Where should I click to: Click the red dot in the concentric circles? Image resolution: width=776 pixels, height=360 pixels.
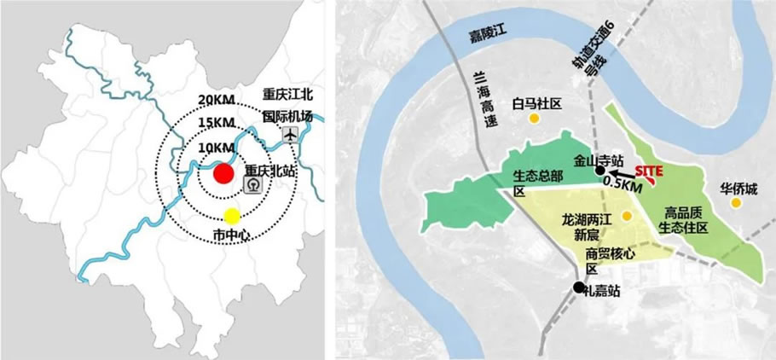click(x=223, y=174)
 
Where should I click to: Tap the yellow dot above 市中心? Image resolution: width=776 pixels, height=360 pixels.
click(x=232, y=216)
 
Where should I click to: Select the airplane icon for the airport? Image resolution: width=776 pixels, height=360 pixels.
click(x=290, y=135)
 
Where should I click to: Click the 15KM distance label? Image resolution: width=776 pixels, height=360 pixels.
click(x=217, y=124)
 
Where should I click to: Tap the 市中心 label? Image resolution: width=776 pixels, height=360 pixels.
click(x=230, y=234)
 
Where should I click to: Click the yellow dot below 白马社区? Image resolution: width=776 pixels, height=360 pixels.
click(x=535, y=119)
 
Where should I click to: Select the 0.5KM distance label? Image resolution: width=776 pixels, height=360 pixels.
click(x=623, y=183)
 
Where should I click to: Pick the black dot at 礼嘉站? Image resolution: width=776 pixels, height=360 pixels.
click(x=579, y=287)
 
